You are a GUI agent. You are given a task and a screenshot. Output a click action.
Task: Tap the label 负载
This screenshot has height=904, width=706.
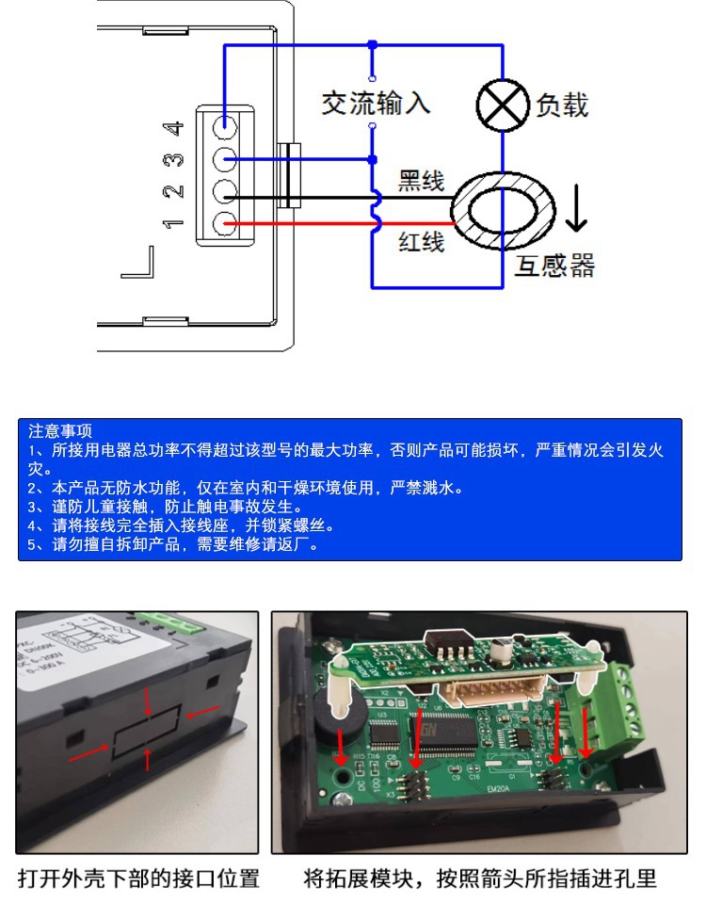click(x=562, y=105)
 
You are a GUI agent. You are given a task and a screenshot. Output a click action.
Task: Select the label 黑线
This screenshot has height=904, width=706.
click(x=421, y=180)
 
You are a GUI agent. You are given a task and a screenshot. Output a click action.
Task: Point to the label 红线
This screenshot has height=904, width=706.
click(x=421, y=243)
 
